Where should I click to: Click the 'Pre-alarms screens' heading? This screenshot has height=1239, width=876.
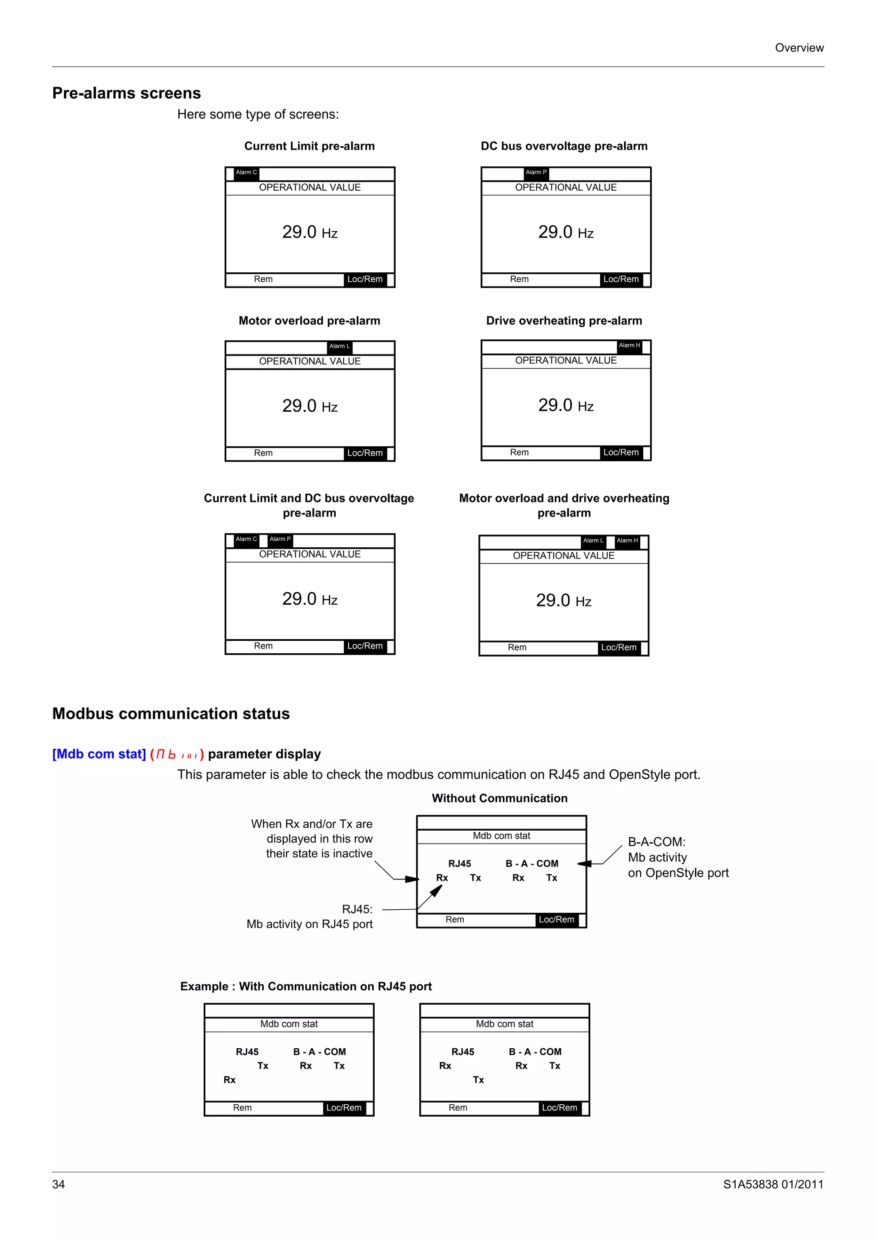pos(126,93)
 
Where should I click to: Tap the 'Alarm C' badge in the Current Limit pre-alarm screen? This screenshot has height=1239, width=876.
pos(246,173)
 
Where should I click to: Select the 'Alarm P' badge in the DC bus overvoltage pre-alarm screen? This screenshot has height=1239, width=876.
pos(536,173)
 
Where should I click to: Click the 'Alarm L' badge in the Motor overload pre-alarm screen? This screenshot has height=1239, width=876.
pos(340,346)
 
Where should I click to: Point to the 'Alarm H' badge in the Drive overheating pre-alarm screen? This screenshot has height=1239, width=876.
pos(629,345)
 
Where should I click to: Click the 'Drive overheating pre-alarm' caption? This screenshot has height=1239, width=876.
pos(564,321)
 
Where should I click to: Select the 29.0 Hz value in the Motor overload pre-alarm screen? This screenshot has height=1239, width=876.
pos(310,406)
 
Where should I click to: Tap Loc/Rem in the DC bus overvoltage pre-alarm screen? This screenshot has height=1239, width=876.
pos(621,280)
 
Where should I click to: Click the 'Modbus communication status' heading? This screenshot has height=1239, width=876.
pos(171,714)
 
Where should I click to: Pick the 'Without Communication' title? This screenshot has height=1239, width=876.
pos(499,798)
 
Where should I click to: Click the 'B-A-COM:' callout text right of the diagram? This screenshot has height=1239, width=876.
pos(656,842)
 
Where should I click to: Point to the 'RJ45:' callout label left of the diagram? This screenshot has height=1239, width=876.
pos(357,909)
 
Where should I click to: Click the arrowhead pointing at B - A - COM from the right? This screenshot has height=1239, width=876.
pos(583,864)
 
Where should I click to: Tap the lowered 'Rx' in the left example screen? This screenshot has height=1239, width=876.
pos(229,1080)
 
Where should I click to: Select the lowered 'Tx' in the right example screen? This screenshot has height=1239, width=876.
pos(478,1080)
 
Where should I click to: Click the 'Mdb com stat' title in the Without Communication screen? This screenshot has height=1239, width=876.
pos(501,836)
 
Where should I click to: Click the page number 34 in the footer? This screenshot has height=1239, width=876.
pos(58,1185)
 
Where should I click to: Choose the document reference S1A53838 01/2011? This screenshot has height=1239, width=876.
pos(773,1185)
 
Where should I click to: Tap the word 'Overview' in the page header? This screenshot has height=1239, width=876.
pos(799,48)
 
